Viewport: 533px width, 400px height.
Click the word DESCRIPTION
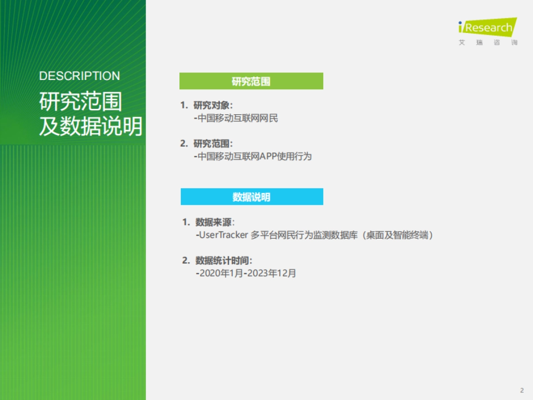80,76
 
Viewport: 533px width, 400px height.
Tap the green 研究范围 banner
251,81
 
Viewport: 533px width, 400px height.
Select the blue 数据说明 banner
251,197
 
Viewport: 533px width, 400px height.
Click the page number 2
522,390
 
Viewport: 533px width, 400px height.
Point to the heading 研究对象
213,105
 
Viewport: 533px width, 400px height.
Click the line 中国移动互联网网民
238,119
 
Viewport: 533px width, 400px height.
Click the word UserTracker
223,235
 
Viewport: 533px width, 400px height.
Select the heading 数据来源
215,222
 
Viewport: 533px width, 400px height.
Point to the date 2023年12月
271,273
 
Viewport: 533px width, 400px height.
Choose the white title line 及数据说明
91,127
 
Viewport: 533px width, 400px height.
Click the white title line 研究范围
80,102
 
